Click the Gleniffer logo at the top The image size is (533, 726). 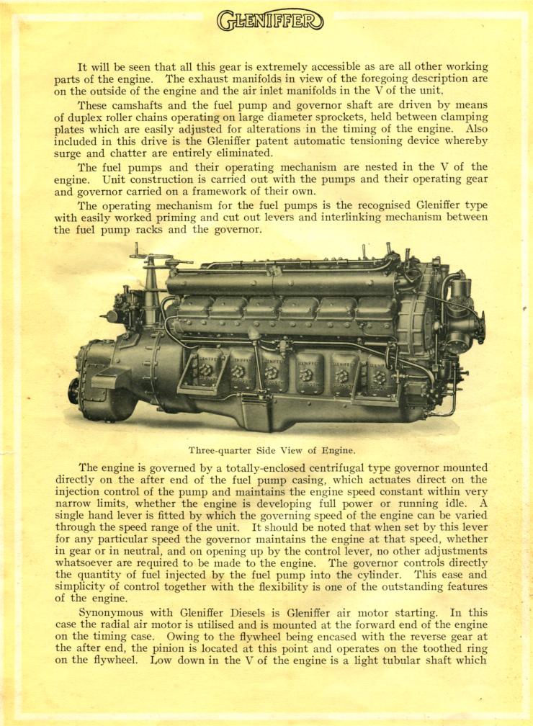coord(270,19)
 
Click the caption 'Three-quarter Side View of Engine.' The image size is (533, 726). coord(272,450)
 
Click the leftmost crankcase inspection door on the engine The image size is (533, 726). coord(208,370)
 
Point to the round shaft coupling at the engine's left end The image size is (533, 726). coord(74,391)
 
